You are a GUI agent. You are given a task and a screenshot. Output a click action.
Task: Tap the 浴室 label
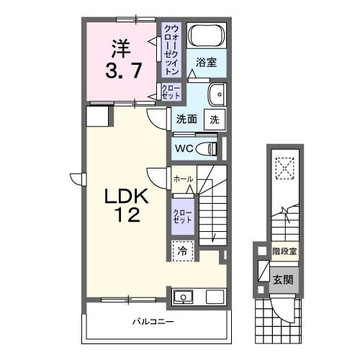point(207,62)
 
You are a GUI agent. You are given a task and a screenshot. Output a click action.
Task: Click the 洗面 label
point(186,120)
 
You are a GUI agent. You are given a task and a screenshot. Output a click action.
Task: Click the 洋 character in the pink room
point(120,50)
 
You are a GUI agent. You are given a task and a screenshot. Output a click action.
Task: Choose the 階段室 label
point(284,251)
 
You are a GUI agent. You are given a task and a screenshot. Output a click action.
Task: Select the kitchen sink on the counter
point(183,297)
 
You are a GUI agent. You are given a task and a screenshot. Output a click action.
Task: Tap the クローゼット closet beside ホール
point(181,217)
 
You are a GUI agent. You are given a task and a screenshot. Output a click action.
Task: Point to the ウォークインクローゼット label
point(171,50)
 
